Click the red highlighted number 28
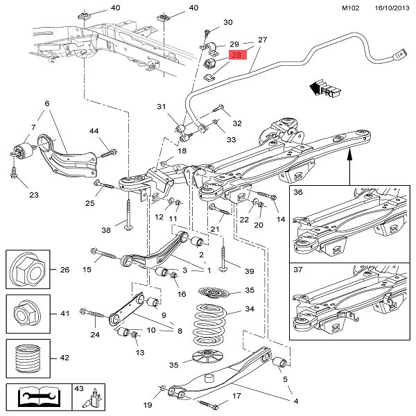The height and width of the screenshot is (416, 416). tap(237, 55)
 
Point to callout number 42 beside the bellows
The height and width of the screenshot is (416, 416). tap(64, 358)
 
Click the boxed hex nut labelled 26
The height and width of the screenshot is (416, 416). tap(27, 270)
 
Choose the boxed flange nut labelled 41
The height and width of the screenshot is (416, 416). tap(27, 314)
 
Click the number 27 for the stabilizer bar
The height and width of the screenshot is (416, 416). tap(262, 40)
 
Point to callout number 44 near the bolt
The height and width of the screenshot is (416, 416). tap(94, 130)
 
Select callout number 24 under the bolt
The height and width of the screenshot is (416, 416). tap(95, 335)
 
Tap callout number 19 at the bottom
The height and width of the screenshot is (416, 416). tap(148, 404)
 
